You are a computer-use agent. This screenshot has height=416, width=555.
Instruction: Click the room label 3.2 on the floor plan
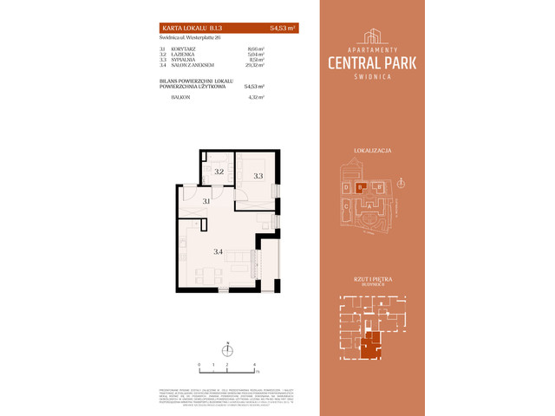click(x=219, y=172)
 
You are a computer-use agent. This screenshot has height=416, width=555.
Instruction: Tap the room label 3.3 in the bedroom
click(x=258, y=176)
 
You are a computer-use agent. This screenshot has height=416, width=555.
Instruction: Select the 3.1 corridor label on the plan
click(x=206, y=201)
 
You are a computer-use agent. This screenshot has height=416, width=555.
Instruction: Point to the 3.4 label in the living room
click(x=219, y=252)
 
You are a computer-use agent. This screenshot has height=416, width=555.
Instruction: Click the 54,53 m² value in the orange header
click(x=282, y=29)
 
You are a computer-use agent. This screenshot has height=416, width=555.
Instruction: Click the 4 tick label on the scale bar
click(x=253, y=366)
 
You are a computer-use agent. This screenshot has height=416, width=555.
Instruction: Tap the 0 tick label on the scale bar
click(x=199, y=366)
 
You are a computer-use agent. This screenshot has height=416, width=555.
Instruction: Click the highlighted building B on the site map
click(x=361, y=187)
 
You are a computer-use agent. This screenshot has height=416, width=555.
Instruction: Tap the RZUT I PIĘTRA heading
click(x=373, y=278)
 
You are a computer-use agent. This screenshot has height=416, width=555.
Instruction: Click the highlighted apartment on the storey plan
click(x=369, y=345)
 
